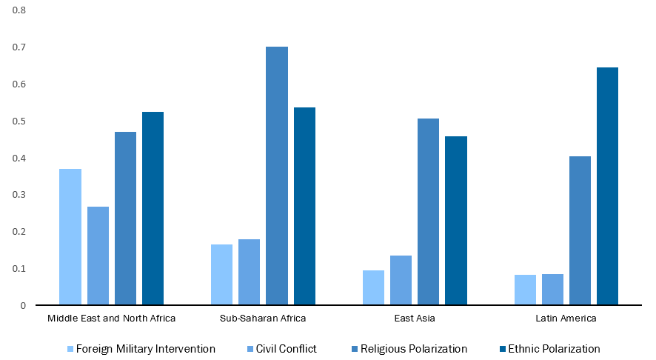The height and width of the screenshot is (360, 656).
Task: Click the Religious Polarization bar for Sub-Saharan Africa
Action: coord(277,176)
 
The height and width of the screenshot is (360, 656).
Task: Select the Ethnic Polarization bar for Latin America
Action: coord(607,186)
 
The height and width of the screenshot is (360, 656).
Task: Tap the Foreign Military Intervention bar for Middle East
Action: coord(70,237)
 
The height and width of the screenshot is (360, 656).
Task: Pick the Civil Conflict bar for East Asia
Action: coord(401,280)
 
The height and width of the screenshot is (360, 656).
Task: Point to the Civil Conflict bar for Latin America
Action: coord(552,290)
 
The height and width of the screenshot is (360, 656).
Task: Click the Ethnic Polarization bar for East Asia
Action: coord(456,221)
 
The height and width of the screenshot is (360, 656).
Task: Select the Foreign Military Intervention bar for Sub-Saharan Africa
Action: coord(221,275)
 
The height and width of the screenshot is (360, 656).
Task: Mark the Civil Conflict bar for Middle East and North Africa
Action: coord(98,256)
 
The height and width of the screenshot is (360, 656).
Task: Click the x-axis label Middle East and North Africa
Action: coord(111,319)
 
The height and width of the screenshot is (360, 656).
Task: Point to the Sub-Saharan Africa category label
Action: coord(263,319)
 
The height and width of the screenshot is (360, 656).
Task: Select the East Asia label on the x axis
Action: coord(415,319)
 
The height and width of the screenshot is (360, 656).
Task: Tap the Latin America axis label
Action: coord(566,319)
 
